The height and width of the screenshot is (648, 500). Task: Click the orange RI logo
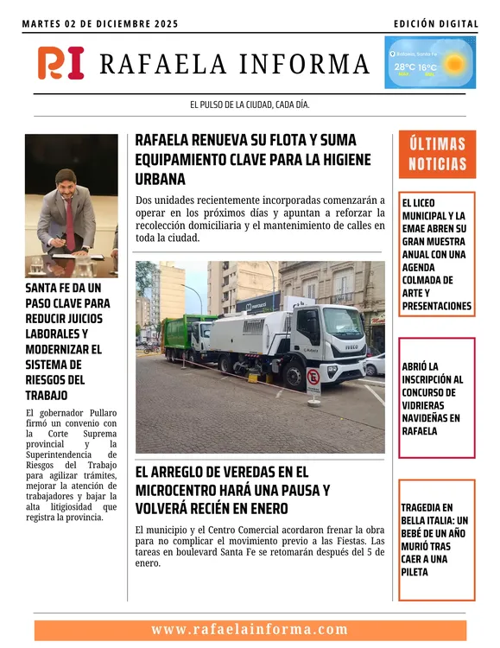(x=60, y=63)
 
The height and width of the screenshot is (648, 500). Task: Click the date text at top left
(x=100, y=24)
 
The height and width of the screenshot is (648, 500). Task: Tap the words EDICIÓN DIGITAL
(x=434, y=24)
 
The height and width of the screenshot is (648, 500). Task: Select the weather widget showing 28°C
(x=429, y=63)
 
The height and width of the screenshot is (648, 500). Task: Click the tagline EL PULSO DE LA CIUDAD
(x=250, y=105)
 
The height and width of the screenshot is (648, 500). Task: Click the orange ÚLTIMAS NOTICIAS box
(x=437, y=154)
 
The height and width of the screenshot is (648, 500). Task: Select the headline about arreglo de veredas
(x=232, y=489)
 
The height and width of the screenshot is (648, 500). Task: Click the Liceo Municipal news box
(x=437, y=255)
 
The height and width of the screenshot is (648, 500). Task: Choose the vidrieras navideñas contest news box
(x=437, y=398)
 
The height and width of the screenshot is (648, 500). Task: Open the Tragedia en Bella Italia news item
(x=437, y=540)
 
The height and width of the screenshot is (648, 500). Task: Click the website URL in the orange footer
(x=250, y=630)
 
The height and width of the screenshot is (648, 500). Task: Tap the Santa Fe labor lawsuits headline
(x=67, y=339)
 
